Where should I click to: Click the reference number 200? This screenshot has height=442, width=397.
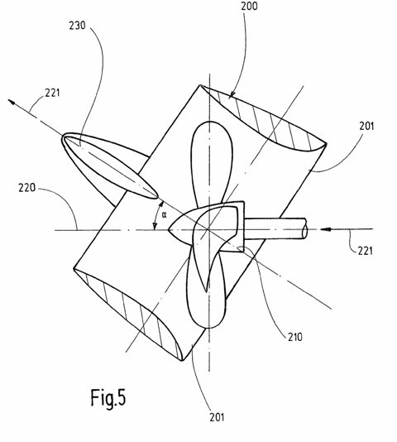[x=249, y=6]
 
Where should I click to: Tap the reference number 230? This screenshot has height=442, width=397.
[x=77, y=26]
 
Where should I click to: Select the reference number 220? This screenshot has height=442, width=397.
[x=27, y=188]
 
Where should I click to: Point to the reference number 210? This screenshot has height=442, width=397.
[x=295, y=337]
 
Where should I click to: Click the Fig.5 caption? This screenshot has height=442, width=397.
[x=108, y=397]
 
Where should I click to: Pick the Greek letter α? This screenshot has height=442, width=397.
[x=165, y=215]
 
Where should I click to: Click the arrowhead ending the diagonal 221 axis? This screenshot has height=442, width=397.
[x=12, y=102]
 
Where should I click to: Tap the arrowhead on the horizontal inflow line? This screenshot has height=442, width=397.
[x=325, y=229]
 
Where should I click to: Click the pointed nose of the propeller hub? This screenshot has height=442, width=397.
[x=169, y=230]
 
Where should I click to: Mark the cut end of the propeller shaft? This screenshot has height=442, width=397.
[x=304, y=229]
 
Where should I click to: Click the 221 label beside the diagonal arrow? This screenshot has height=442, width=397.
[x=53, y=93]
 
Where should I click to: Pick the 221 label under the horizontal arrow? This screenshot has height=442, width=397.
[x=366, y=250]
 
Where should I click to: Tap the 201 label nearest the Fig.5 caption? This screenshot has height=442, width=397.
[x=217, y=417]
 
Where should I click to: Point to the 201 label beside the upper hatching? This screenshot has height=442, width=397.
[x=366, y=126]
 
